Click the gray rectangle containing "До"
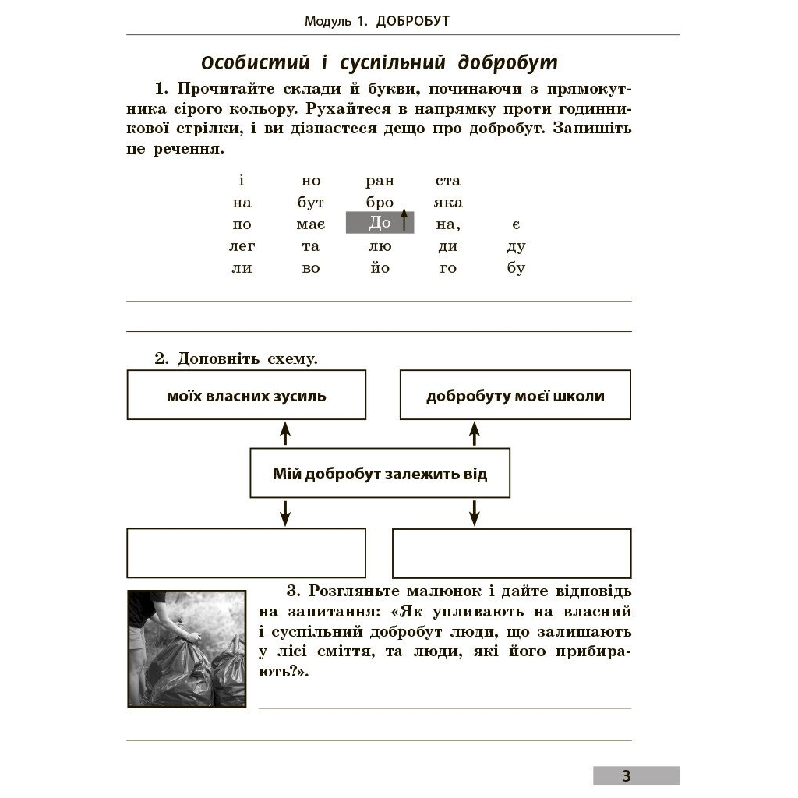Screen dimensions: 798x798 pyautogui.click(x=380, y=223)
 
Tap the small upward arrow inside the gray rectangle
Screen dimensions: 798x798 pyautogui.click(x=404, y=220)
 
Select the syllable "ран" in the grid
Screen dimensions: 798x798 pyautogui.click(x=380, y=181)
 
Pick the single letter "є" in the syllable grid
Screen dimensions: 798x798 pyautogui.click(x=516, y=224)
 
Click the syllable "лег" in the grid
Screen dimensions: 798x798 pyautogui.click(x=242, y=246)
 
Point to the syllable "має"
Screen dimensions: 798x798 pyautogui.click(x=310, y=224)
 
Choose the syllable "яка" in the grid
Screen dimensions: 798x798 pyautogui.click(x=448, y=203)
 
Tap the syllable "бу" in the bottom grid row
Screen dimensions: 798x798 pyautogui.click(x=516, y=268)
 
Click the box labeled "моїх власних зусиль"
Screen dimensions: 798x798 pyautogui.click(x=246, y=396)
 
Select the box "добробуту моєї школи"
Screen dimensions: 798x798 pyautogui.click(x=515, y=396)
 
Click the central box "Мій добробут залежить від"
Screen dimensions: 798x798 pyautogui.click(x=380, y=473)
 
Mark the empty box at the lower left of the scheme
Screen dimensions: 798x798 pyautogui.click(x=246, y=553)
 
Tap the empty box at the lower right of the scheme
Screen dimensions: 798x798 pyautogui.click(x=511, y=553)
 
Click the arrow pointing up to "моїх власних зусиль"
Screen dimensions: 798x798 pyautogui.click(x=285, y=433)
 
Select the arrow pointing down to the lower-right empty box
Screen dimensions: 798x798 pyautogui.click(x=475, y=513)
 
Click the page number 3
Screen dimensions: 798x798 pyautogui.click(x=627, y=775)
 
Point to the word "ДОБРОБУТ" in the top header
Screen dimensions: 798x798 pyautogui.click(x=412, y=21)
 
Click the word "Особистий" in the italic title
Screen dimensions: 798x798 pyautogui.click(x=245, y=62)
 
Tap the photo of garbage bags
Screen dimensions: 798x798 pyautogui.click(x=186, y=648)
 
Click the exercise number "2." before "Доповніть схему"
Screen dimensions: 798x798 pyautogui.click(x=161, y=359)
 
